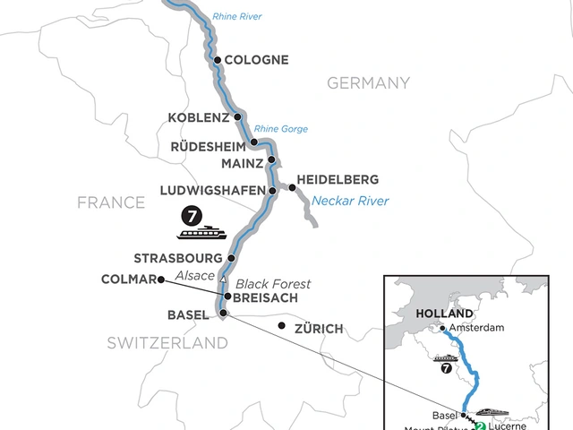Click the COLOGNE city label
(256, 61)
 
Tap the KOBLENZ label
(200, 117)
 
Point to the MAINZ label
(241, 163)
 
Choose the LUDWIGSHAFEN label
(211, 191)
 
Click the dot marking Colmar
(158, 279)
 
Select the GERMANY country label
(368, 83)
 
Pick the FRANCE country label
(111, 203)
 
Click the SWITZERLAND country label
(167, 343)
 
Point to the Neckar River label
(350, 202)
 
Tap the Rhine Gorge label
(280, 129)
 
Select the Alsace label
(195, 275)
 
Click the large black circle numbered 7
(190, 215)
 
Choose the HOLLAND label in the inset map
(444, 314)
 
